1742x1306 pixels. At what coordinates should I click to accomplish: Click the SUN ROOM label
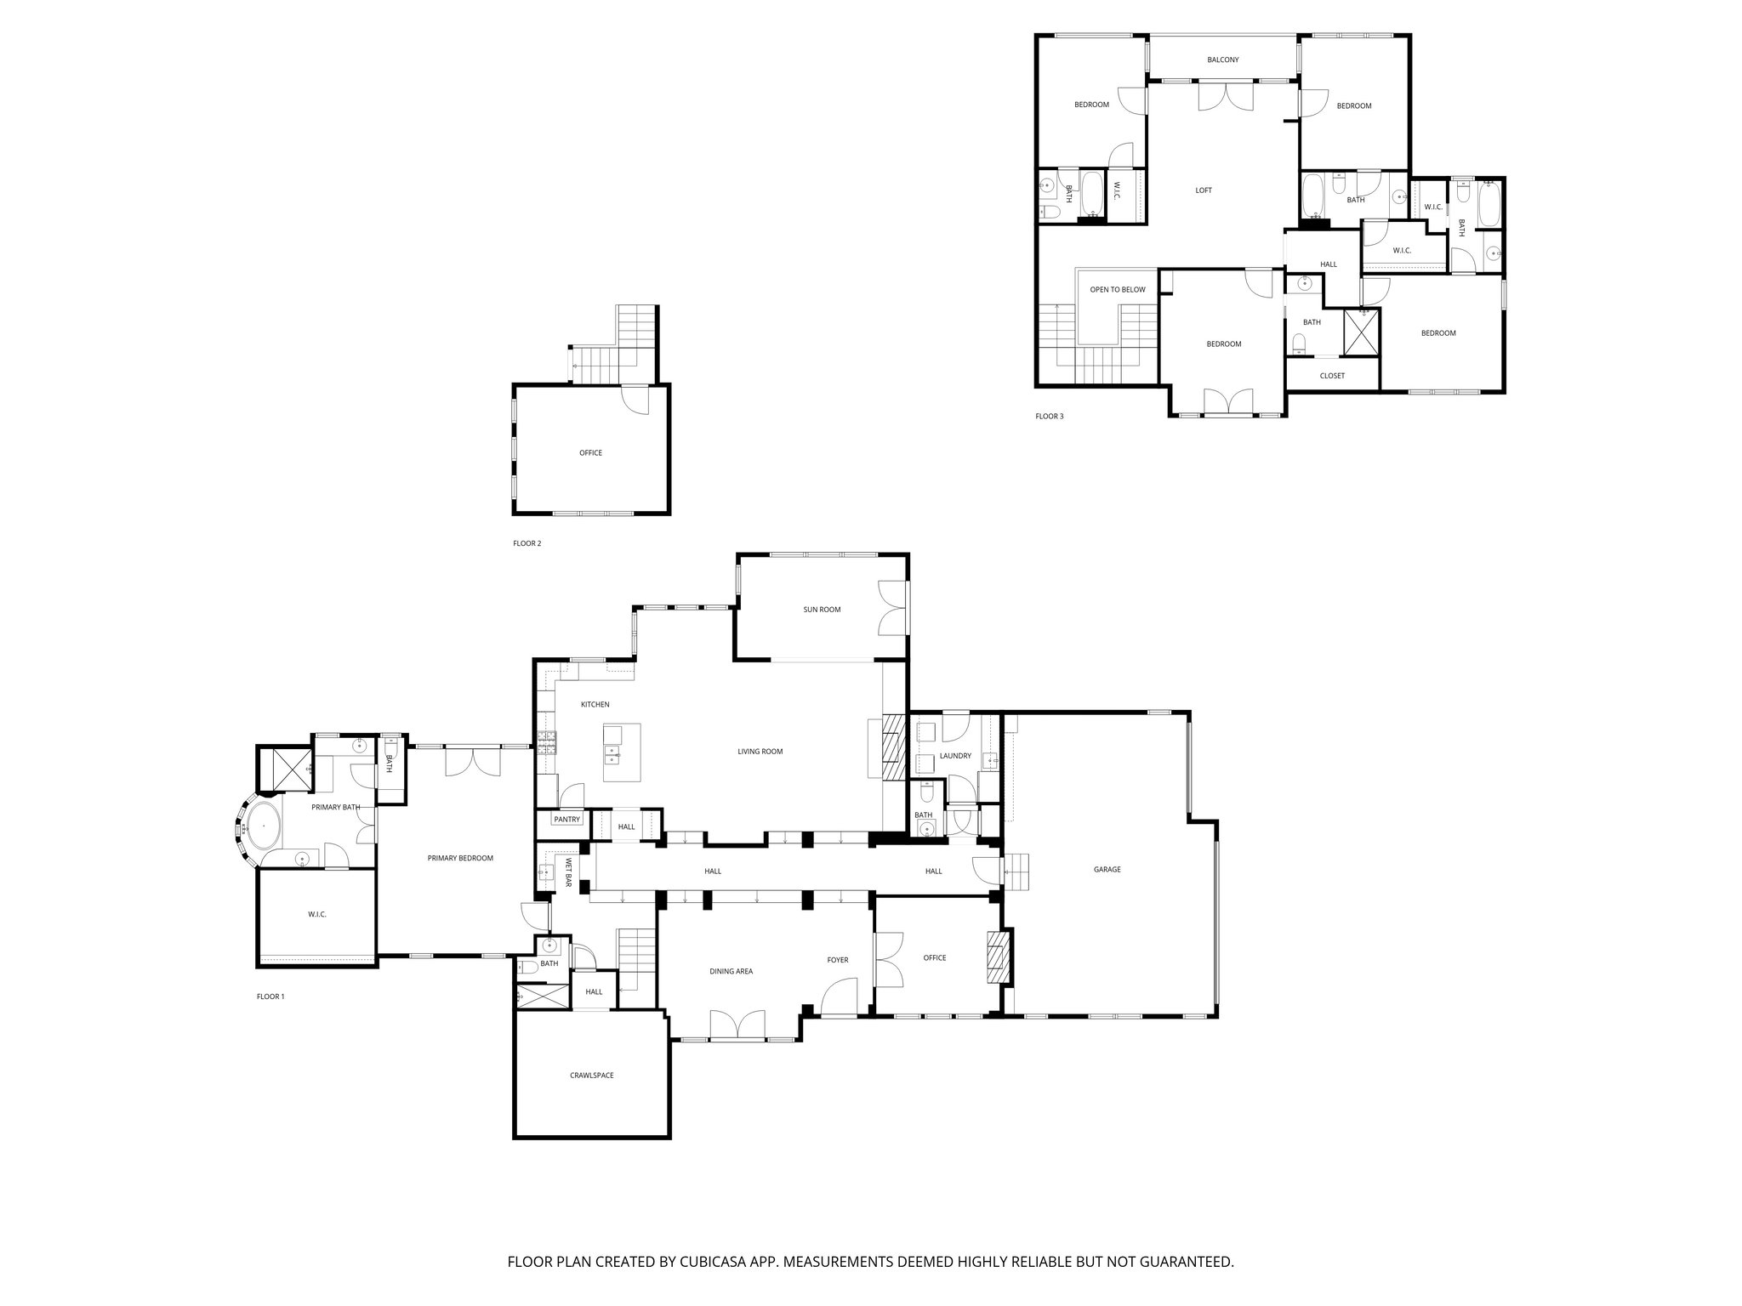pyautogui.click(x=822, y=610)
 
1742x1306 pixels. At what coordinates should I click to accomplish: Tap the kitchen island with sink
pyautogui.click(x=622, y=753)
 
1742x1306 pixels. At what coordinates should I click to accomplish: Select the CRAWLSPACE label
pyautogui.click(x=591, y=1076)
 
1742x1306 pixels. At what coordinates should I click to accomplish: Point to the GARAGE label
pyautogui.click(x=1107, y=870)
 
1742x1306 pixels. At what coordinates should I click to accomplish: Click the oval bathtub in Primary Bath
pyautogui.click(x=264, y=826)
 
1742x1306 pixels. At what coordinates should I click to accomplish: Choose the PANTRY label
pyautogui.click(x=566, y=820)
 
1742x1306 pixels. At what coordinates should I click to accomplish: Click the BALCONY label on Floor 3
pyautogui.click(x=1222, y=60)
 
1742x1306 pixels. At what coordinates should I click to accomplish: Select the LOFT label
pyautogui.click(x=1203, y=190)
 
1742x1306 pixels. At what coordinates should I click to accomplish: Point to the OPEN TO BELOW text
pyautogui.click(x=1117, y=290)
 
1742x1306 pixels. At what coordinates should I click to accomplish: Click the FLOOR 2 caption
pyautogui.click(x=527, y=543)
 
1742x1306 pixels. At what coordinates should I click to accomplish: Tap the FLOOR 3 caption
pyautogui.click(x=1049, y=417)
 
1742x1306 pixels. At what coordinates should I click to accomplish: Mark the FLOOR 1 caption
pyautogui.click(x=270, y=997)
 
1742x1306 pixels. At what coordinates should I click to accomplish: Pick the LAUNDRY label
pyautogui.click(x=954, y=756)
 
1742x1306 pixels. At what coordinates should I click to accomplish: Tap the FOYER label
pyautogui.click(x=837, y=960)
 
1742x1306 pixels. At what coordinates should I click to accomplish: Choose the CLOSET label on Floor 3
pyautogui.click(x=1331, y=376)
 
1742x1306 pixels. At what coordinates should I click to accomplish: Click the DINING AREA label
pyautogui.click(x=731, y=971)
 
